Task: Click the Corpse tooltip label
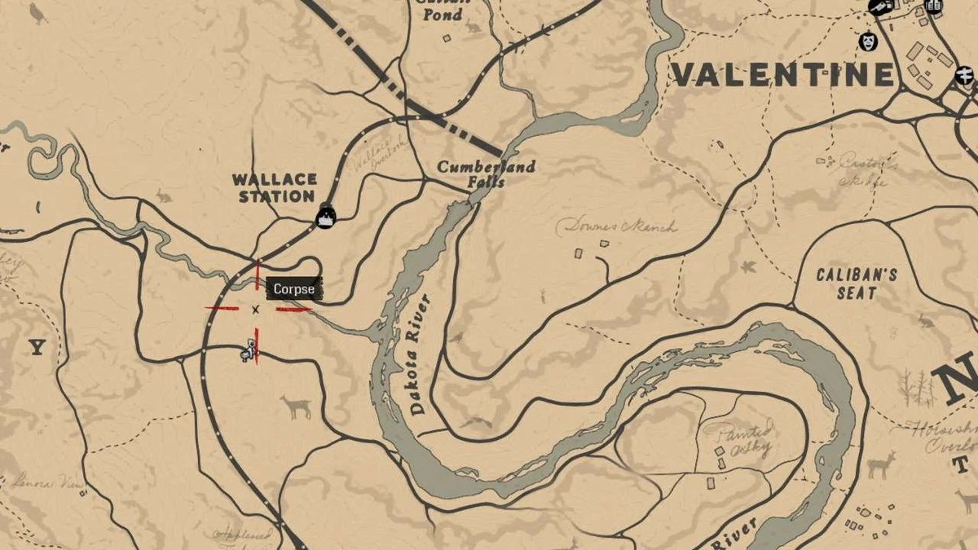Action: click(293, 289)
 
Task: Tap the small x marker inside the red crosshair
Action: click(255, 310)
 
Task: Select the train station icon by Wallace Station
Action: click(325, 217)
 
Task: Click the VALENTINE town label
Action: click(782, 75)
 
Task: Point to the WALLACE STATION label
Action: click(273, 187)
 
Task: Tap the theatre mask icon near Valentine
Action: click(867, 41)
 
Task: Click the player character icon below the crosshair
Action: click(249, 352)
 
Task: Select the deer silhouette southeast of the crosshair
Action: click(297, 406)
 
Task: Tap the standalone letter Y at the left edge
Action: click(37, 349)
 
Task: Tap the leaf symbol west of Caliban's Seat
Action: click(747, 266)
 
